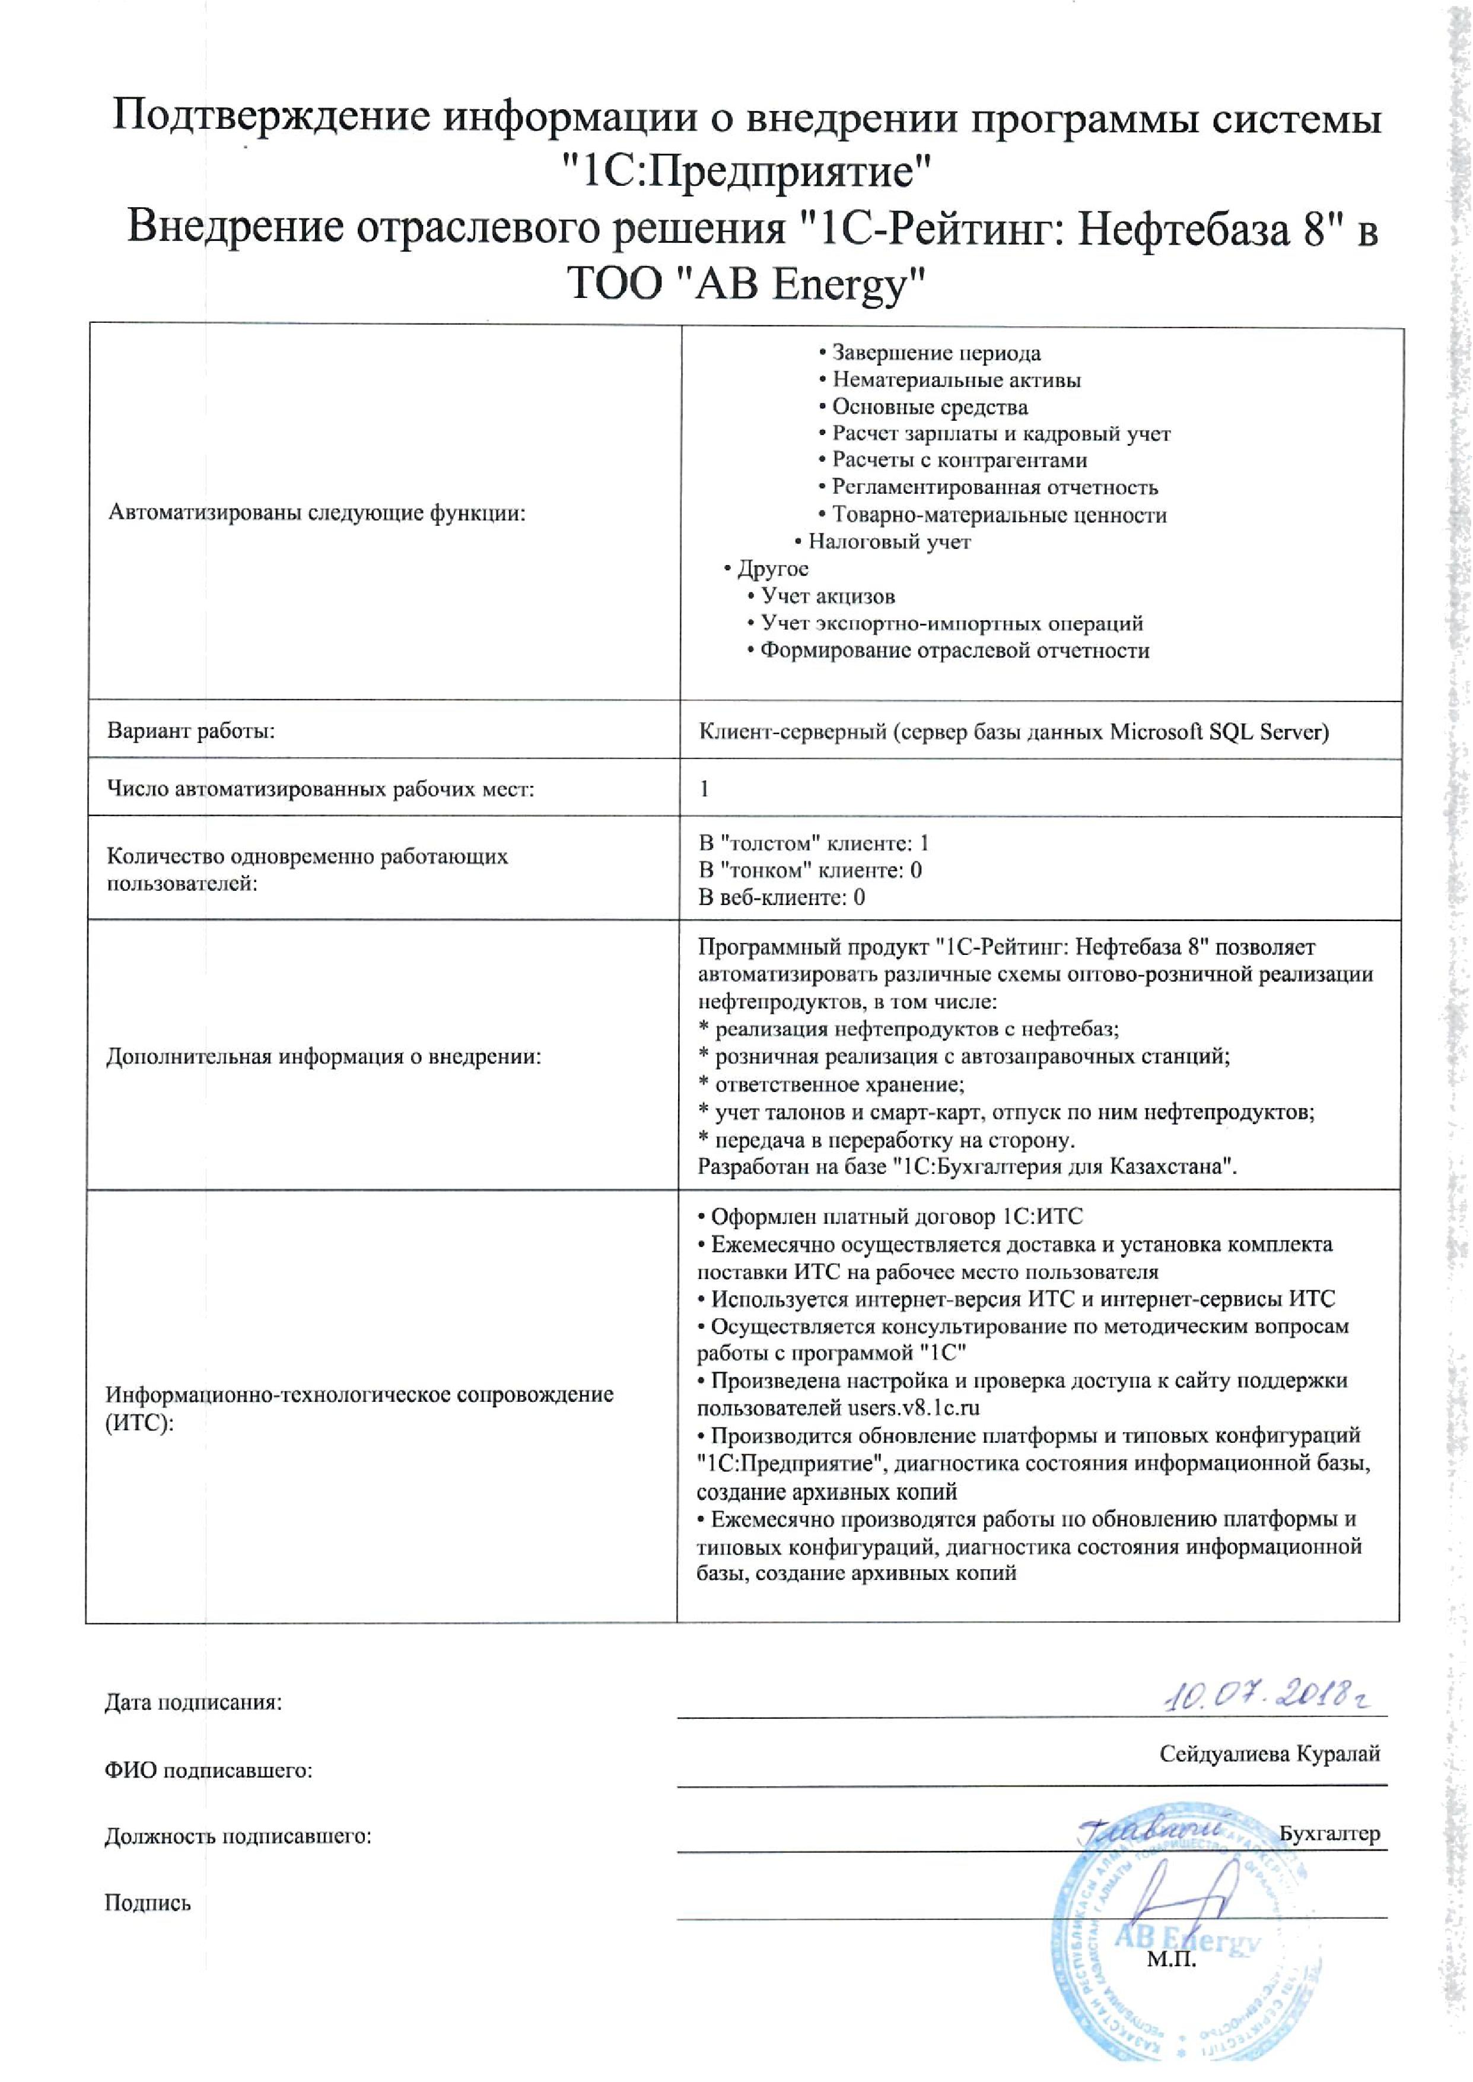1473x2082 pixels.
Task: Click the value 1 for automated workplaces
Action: [x=704, y=788]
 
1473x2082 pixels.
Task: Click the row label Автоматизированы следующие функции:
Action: [x=317, y=513]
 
